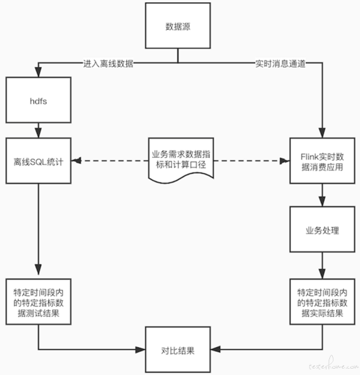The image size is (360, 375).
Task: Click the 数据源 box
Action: pyautogui.click(x=178, y=26)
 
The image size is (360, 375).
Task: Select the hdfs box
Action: pyautogui.click(x=38, y=100)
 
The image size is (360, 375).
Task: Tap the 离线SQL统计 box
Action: pyautogui.click(x=38, y=161)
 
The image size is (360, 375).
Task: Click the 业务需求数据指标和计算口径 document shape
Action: pyautogui.click(x=181, y=160)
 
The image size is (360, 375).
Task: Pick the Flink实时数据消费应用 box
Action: pyautogui.click(x=322, y=161)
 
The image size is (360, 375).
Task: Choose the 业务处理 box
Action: pyautogui.click(x=322, y=229)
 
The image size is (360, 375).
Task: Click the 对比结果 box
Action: pyautogui.click(x=178, y=349)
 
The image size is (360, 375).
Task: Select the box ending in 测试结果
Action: pyautogui.click(x=38, y=302)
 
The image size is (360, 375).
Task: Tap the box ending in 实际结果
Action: pyautogui.click(x=322, y=302)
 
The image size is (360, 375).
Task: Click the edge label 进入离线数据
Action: pyautogui.click(x=108, y=64)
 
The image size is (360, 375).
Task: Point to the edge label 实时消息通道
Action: pyautogui.click(x=280, y=64)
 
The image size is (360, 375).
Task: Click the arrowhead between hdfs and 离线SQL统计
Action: pyautogui.click(x=38, y=133)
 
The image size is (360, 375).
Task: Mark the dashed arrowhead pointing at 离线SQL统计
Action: pyautogui.click(x=77, y=161)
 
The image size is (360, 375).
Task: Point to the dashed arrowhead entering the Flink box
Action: pyautogui.click(x=285, y=161)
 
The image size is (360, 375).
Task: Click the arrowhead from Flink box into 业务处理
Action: pyautogui.click(x=322, y=202)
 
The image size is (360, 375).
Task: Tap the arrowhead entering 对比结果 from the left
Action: pyautogui.click(x=140, y=349)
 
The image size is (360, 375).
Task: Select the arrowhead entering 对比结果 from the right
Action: pyautogui.click(x=216, y=349)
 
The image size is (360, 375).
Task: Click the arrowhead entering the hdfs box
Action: pyautogui.click(x=38, y=72)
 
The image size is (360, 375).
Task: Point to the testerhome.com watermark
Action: pyautogui.click(x=333, y=365)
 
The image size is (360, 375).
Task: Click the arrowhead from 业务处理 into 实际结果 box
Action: pyautogui.click(x=322, y=274)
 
